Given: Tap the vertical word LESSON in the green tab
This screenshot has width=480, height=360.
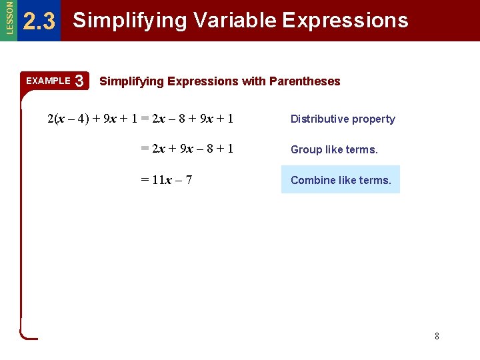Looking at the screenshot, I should [x=8, y=18].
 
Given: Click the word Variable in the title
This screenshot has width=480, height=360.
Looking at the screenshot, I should [x=235, y=21].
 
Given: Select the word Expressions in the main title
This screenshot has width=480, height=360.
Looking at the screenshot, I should [x=345, y=21].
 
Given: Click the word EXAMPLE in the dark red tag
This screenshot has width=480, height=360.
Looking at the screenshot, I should [x=48, y=81].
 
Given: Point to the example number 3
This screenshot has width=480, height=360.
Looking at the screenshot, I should [x=79, y=81].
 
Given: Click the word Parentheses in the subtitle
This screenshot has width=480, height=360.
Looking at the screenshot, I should [x=305, y=81].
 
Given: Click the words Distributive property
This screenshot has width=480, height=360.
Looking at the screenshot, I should [x=343, y=119].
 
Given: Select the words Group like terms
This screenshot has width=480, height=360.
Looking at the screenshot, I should [x=334, y=150].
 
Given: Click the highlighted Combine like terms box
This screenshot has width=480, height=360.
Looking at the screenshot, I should [x=341, y=180].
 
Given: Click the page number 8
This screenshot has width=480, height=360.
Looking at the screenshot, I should [x=437, y=336].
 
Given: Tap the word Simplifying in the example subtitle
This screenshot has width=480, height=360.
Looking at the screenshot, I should [x=131, y=81].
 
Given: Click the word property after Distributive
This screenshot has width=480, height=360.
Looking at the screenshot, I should [x=374, y=119].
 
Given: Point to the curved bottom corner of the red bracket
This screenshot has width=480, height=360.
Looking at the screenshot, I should [x=25, y=334].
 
